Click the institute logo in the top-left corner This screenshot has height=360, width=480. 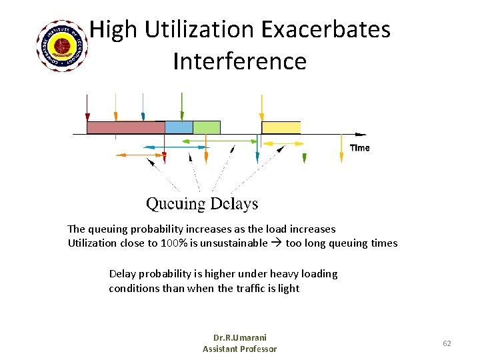[63, 46]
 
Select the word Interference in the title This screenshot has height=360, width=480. [239, 61]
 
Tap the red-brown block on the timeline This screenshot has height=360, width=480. [125, 127]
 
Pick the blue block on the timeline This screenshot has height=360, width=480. [179, 127]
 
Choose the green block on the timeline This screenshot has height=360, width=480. [207, 127]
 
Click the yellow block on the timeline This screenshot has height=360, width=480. [281, 127]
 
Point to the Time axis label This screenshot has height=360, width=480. [359, 147]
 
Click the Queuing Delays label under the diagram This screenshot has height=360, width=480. [202, 203]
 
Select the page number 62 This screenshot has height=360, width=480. [447, 343]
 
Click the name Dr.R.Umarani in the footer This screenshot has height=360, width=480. [239, 337]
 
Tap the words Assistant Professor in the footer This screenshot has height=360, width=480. [239, 349]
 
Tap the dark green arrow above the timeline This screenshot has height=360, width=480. [182, 107]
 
